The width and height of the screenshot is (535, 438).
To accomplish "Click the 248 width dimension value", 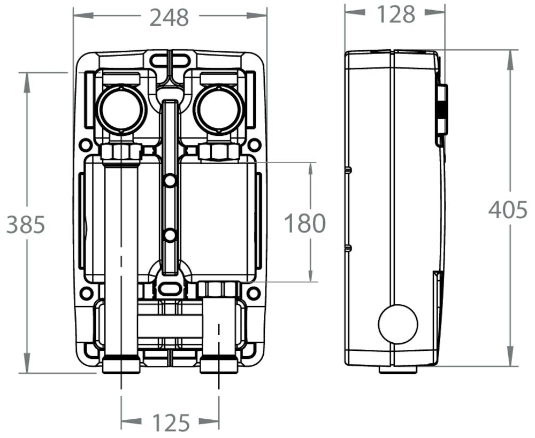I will (x=169, y=17).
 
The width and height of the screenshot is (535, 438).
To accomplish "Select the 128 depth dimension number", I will (x=396, y=14).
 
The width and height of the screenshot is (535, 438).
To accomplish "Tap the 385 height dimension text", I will (x=26, y=225).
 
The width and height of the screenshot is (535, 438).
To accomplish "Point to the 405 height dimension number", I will (x=508, y=210).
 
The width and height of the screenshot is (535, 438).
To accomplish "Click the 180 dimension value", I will (x=304, y=223).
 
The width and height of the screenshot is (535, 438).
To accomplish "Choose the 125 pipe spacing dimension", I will (x=171, y=423).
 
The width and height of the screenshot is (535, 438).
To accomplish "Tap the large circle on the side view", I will (x=398, y=324).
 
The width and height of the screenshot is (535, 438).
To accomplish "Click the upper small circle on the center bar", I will (x=170, y=181).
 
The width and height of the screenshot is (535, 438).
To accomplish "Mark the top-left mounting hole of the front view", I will (x=85, y=144).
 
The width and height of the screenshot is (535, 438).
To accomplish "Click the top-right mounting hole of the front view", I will (x=255, y=144).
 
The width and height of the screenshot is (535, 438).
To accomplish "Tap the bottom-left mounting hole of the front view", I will (x=86, y=293).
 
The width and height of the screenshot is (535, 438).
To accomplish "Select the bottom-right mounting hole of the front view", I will (x=254, y=293).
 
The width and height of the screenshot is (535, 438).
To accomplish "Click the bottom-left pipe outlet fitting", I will (x=121, y=366).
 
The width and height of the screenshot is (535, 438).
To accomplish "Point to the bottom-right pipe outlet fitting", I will (x=219, y=366).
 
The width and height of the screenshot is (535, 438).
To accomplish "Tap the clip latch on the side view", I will (x=441, y=110).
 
